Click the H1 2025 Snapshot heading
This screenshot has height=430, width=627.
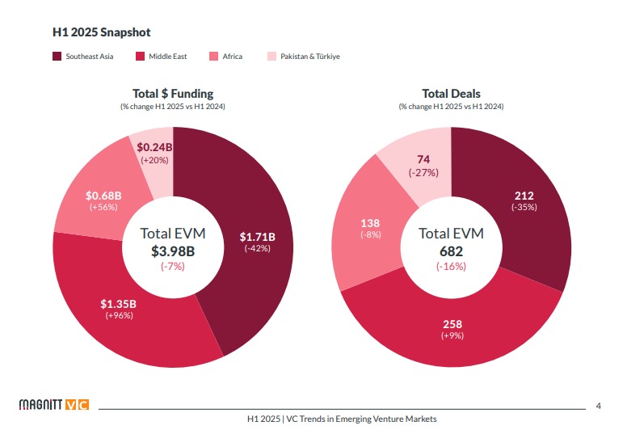pyautogui.click(x=101, y=32)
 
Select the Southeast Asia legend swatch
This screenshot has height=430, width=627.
pyautogui.click(x=57, y=57)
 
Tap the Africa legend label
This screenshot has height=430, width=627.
pyautogui.click(x=232, y=57)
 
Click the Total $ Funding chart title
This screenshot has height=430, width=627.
pyautogui.click(x=173, y=94)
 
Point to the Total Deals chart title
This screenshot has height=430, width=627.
pyautogui.click(x=451, y=94)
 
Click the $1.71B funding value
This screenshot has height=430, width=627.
pyautogui.click(x=258, y=237)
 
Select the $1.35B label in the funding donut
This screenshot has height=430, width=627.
pyautogui.click(x=119, y=304)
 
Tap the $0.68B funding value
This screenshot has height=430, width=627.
pyautogui.click(x=103, y=196)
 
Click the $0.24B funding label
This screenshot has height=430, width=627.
pyautogui.click(x=154, y=148)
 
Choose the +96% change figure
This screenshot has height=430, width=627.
pyautogui.click(x=119, y=315)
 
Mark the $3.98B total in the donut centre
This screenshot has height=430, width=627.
pyautogui.click(x=173, y=251)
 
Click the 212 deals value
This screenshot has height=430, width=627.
pyautogui.click(x=524, y=196)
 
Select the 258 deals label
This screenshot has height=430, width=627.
pyautogui.click(x=452, y=324)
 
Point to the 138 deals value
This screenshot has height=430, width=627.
pyautogui.click(x=370, y=223)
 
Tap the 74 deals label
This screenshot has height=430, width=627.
pyautogui.click(x=423, y=159)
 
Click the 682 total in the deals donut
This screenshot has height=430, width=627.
pyautogui.click(x=451, y=251)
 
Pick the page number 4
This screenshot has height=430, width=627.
pyautogui.click(x=598, y=405)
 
